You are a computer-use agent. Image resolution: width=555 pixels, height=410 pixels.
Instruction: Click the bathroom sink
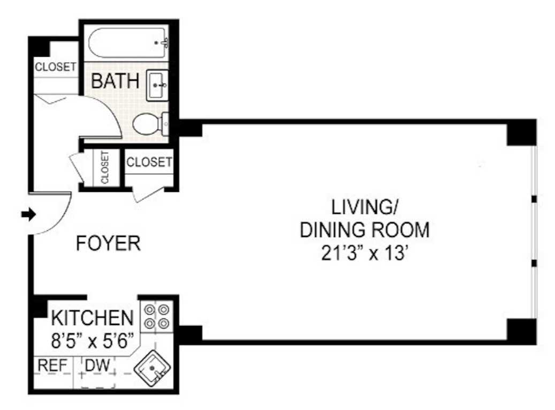click(158, 85)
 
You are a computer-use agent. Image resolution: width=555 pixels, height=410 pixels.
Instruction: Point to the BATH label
click(115, 81)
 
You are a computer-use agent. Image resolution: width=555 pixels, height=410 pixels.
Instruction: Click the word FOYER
click(108, 243)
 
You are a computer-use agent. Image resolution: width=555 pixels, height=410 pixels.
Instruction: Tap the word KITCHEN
click(92, 318)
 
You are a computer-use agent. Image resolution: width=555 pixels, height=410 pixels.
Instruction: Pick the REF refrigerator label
click(52, 366)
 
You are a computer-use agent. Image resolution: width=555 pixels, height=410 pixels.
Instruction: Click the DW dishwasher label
click(98, 366)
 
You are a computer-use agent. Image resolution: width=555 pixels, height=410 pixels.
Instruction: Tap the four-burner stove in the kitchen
click(156, 317)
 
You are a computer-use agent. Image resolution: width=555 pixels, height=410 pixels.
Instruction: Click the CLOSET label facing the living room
click(150, 162)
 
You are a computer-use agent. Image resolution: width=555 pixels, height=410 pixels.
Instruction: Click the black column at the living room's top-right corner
click(521, 132)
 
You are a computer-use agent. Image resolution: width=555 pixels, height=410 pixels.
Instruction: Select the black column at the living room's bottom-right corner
click(521, 331)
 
